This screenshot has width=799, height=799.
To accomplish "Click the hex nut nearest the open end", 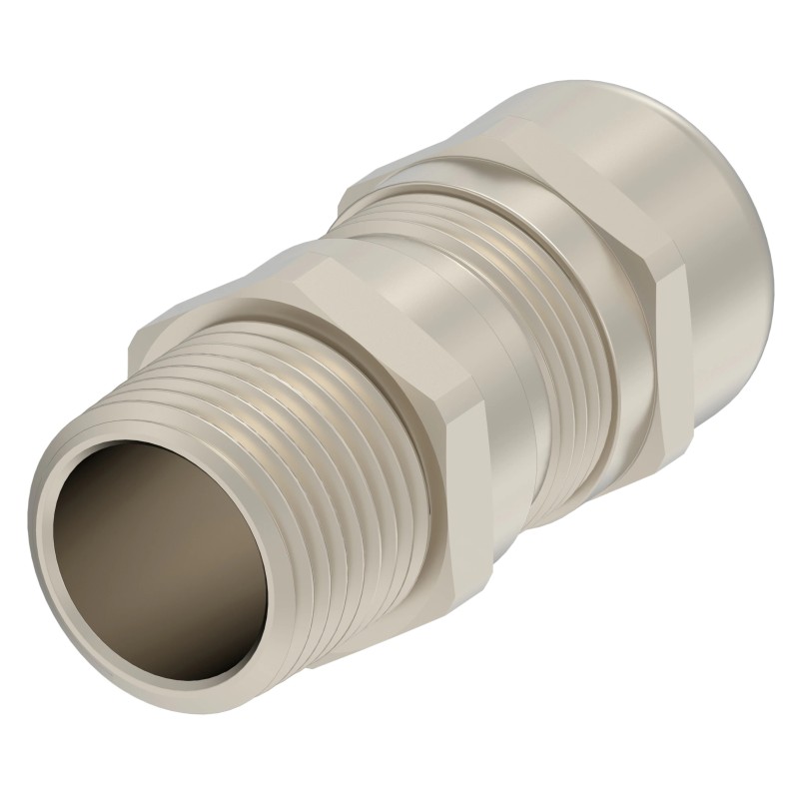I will (419, 399).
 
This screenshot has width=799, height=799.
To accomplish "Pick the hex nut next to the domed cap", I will (579, 230).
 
